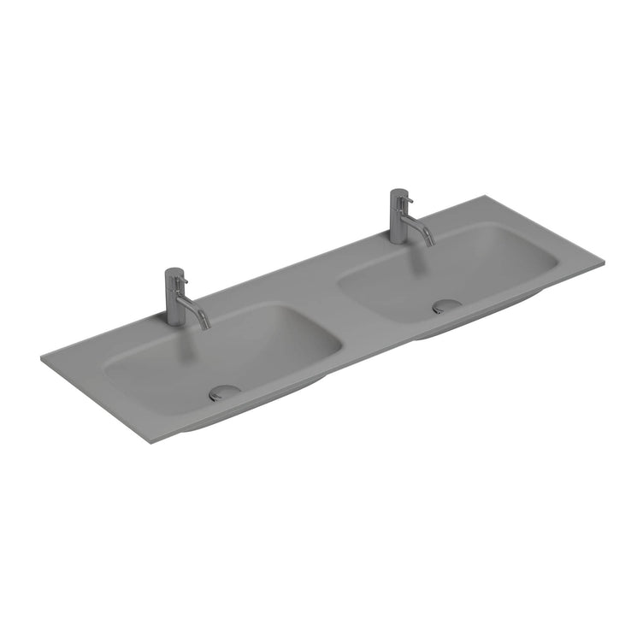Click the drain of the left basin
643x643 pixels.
[224, 392]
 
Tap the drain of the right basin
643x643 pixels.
[446, 305]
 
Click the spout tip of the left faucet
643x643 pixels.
[206, 326]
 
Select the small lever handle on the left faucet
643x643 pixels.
[180, 280]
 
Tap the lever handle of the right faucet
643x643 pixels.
[407, 200]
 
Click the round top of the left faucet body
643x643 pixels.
[173, 272]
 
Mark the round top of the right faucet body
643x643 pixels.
[398, 192]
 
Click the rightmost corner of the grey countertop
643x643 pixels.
[604, 260]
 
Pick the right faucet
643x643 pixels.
[399, 217]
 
